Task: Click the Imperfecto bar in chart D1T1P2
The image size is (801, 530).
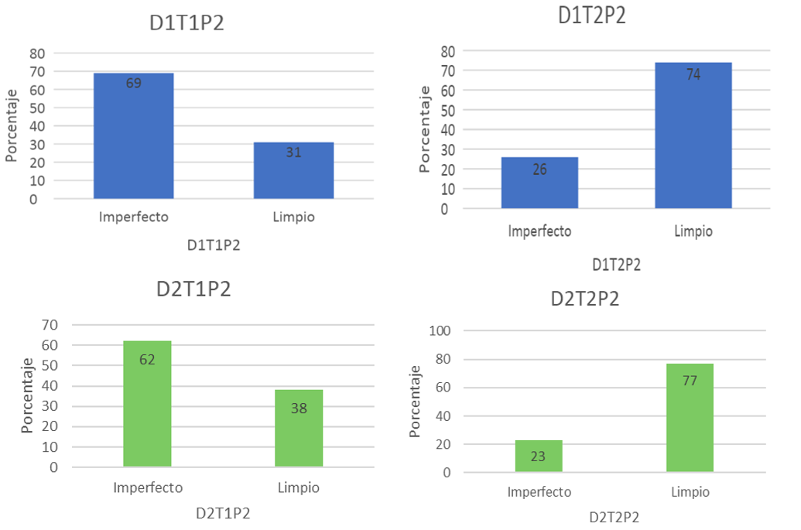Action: click(x=133, y=136)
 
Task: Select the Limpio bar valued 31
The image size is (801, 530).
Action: click(x=293, y=171)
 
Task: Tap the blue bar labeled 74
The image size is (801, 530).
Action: click(x=693, y=135)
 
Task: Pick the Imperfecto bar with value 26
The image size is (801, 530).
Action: click(x=539, y=183)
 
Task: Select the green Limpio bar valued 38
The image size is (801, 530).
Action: click(x=299, y=429)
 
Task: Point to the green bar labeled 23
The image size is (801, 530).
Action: click(x=539, y=456)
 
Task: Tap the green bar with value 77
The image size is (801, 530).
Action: click(x=690, y=418)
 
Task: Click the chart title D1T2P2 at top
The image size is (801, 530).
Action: click(x=592, y=15)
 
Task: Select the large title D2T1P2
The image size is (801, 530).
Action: click(x=193, y=289)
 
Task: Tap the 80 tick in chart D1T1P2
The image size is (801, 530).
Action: click(x=37, y=53)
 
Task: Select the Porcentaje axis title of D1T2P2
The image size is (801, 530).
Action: click(x=424, y=129)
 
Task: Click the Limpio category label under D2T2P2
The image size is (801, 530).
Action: click(x=690, y=492)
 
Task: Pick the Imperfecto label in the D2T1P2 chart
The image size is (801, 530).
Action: click(x=148, y=488)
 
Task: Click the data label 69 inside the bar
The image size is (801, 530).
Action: click(x=133, y=83)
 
